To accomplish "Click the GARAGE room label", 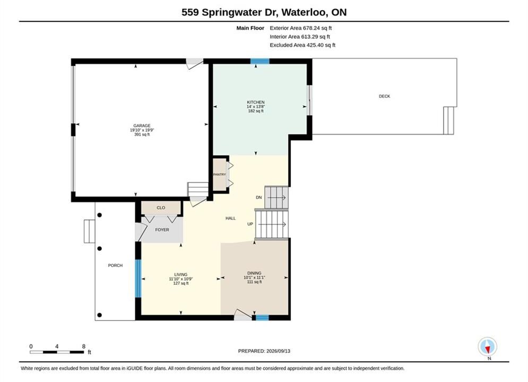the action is tap(142, 126).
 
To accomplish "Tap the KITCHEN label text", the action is tap(256, 102).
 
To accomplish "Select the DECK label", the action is tap(384, 96).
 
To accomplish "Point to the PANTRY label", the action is tap(220, 175).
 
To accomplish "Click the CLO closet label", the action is tap(161, 207).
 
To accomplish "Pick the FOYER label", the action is tap(162, 230).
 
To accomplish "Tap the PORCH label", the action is tap(115, 266).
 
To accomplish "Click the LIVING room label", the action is tap(181, 275).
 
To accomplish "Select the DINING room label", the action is tap(254, 273).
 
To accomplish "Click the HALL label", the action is tap(231, 219).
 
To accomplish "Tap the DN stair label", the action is tap(258, 197).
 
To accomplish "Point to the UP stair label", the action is tap(250, 224).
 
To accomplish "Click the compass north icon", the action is tap(487, 346).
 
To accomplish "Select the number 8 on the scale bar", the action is tap(83, 346).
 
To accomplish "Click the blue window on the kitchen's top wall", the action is tap(259, 61).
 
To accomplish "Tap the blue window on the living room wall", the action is tap(138, 279).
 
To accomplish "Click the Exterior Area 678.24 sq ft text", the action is tap(301, 28).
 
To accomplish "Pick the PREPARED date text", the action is tap(264, 351).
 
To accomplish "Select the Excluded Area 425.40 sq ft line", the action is tap(302, 45).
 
